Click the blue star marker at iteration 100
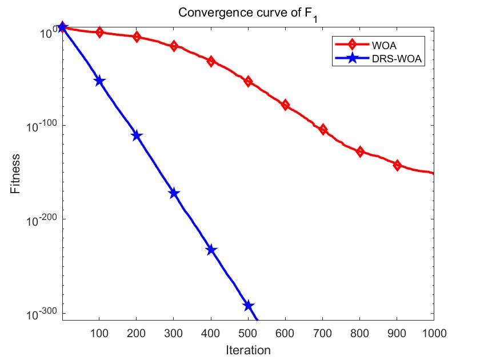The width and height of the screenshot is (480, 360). click(x=99, y=81)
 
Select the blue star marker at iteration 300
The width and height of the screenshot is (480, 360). click(x=174, y=194)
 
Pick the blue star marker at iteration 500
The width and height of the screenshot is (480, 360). click(x=248, y=306)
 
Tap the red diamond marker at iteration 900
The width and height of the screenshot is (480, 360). click(x=397, y=165)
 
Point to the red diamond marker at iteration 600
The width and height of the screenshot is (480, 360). click(x=285, y=105)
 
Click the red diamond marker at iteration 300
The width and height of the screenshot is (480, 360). click(x=174, y=46)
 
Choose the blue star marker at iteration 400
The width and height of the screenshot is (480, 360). click(x=211, y=250)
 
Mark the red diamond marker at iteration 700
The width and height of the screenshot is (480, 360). click(x=323, y=130)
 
